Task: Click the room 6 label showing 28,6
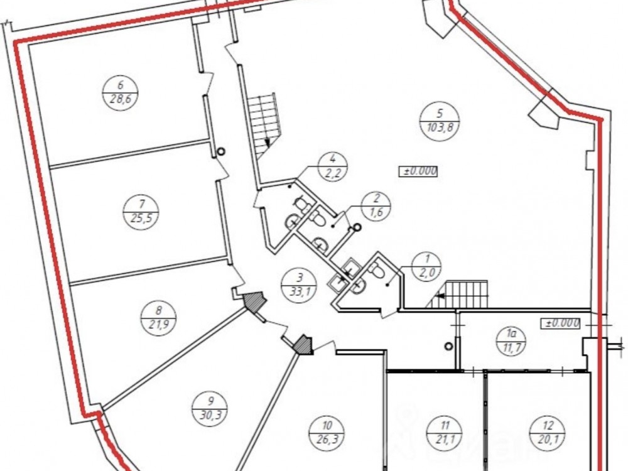121,93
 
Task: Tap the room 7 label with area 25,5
141,212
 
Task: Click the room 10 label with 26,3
327,432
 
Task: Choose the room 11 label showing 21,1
445,433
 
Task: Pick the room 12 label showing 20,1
548,433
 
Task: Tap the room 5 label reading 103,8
440,120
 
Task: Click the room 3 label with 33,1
299,284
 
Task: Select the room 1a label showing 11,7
510,340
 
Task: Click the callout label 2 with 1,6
376,206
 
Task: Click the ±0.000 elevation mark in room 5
418,171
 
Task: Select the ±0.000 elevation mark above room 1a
561,323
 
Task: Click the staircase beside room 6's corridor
263,126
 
